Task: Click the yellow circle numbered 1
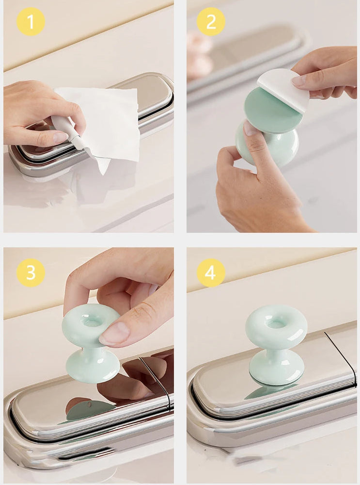tap(31, 22)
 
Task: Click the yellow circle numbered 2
tap(211, 22)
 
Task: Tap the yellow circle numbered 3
tap(31, 273)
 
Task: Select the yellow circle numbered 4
tap(211, 273)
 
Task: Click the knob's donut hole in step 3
tap(92, 322)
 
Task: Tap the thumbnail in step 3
tap(114, 334)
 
